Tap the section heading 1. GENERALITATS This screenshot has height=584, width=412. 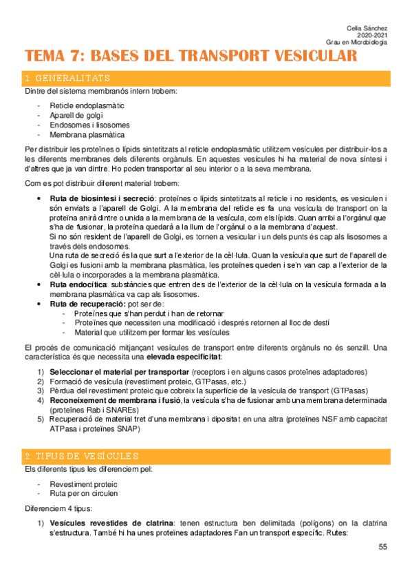[x=67, y=78]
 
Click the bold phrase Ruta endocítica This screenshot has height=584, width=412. [x=78, y=284]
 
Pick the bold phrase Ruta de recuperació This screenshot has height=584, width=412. [x=87, y=304]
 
